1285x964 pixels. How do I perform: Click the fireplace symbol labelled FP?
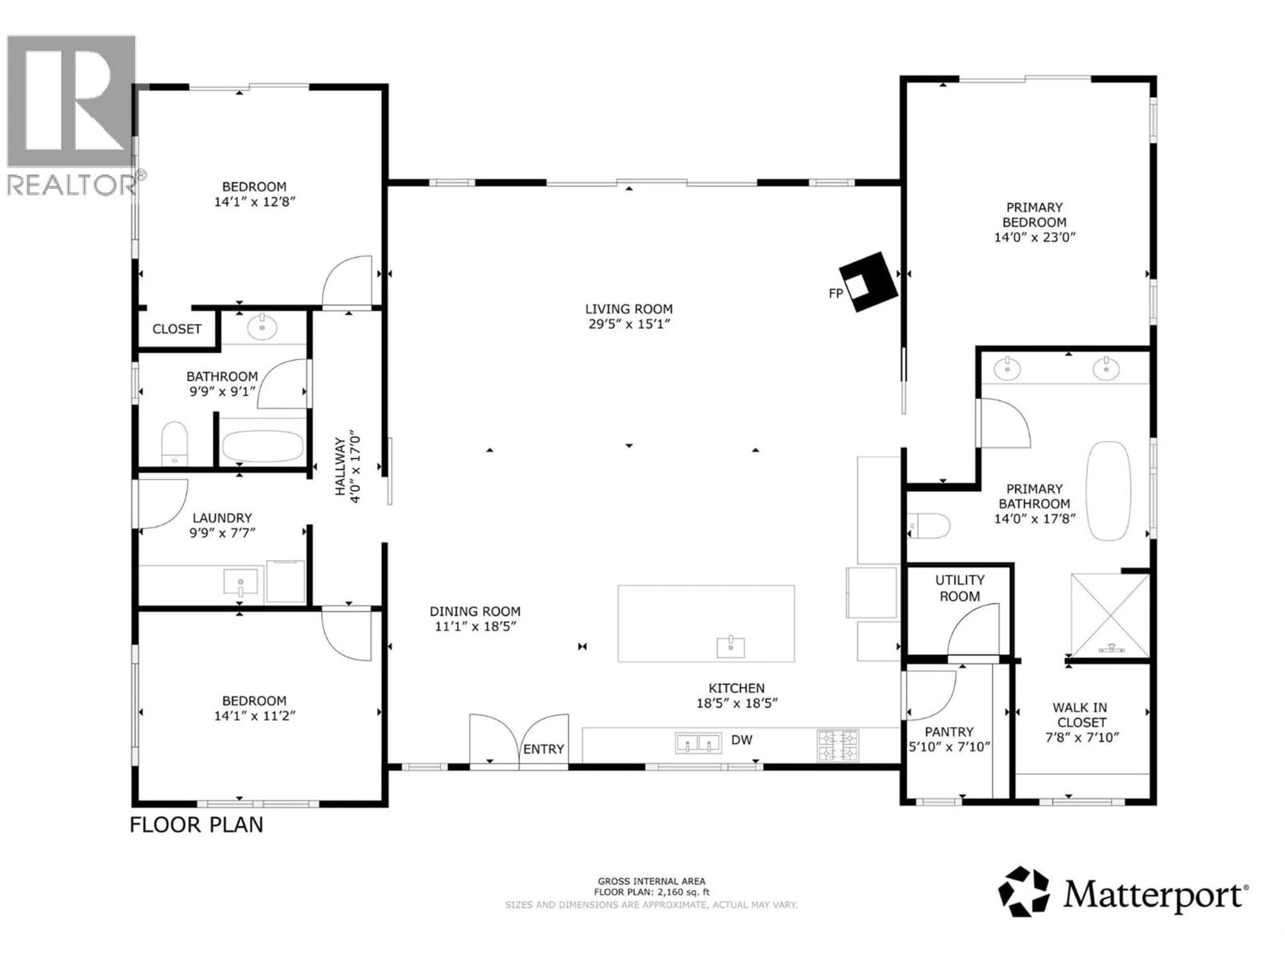(x=868, y=282)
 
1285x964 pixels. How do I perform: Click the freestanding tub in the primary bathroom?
(x=1108, y=491)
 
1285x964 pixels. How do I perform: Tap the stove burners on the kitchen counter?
(x=838, y=745)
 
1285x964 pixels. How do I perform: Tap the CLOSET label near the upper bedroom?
(x=177, y=329)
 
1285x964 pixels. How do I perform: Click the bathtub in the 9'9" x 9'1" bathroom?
(x=263, y=446)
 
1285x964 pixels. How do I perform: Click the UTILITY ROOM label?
(x=960, y=588)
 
